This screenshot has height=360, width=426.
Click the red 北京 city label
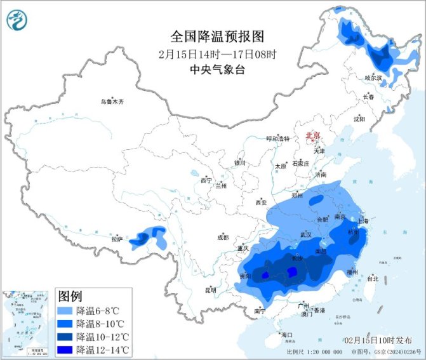[313, 135]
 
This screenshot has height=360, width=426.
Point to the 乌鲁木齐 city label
[112, 102]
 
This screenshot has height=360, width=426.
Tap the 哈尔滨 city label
[373, 77]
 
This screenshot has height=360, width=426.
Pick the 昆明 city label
[210, 290]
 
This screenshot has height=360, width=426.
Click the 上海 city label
[364, 221]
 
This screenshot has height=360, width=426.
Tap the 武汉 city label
[306, 235]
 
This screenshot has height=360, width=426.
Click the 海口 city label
[286, 334]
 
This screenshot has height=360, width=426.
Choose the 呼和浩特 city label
[277, 138]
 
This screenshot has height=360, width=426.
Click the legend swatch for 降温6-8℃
[65, 311]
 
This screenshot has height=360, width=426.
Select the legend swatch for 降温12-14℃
[65, 349]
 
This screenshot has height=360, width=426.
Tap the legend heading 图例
[70, 296]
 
